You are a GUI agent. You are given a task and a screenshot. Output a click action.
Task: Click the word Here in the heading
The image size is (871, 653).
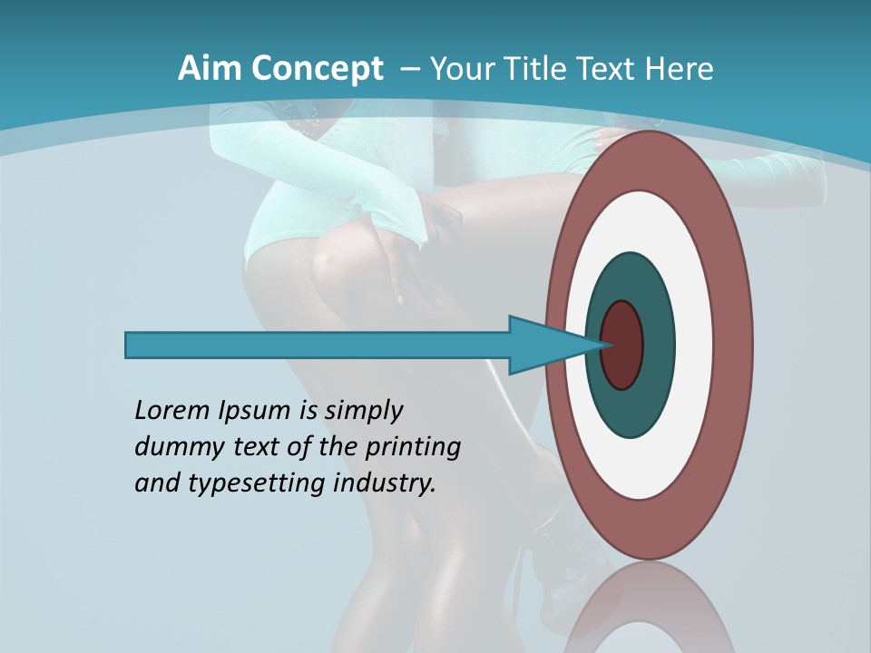(681, 69)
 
